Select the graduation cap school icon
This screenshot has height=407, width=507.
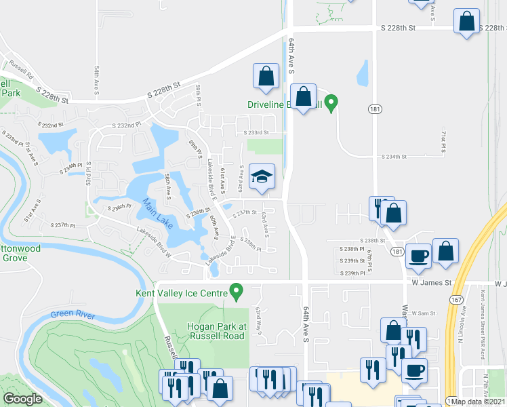click(262, 178)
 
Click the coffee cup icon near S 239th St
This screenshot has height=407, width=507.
click(418, 256)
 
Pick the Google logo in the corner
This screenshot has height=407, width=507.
click(23, 399)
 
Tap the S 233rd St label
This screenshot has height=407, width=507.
click(256, 133)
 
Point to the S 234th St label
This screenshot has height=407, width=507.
click(394, 157)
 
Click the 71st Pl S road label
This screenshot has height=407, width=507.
click(443, 140)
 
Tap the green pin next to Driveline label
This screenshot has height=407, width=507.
click(331, 103)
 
